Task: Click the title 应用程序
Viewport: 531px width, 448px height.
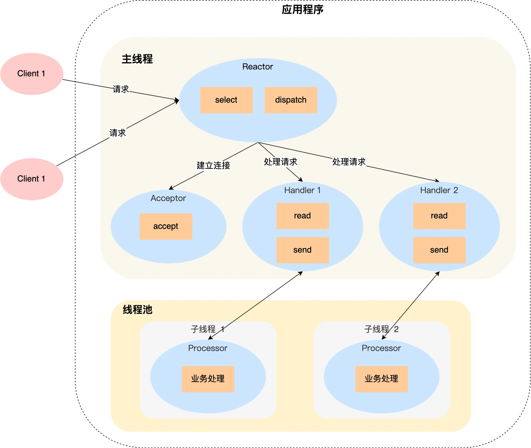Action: pyautogui.click(x=302, y=9)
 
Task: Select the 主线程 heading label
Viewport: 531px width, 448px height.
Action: pyautogui.click(x=137, y=59)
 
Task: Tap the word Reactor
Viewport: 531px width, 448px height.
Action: pyautogui.click(x=257, y=67)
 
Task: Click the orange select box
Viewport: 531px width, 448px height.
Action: pyautogui.click(x=226, y=100)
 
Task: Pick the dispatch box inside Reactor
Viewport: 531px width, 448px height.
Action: pyautogui.click(x=291, y=100)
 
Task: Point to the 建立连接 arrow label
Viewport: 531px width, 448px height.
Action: pyautogui.click(x=213, y=165)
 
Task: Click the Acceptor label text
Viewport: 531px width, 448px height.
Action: pyautogui.click(x=168, y=198)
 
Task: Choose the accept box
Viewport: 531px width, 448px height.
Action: pyautogui.click(x=166, y=226)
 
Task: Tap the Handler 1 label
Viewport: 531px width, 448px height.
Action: pyautogui.click(x=302, y=190)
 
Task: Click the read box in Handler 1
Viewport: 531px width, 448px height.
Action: pyautogui.click(x=303, y=216)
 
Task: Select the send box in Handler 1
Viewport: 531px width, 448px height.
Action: pyautogui.click(x=303, y=250)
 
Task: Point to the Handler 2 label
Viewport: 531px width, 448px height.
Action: pyautogui.click(x=439, y=190)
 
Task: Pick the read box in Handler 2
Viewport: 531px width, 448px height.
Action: pyautogui.click(x=439, y=216)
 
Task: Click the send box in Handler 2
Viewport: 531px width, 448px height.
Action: pyautogui.click(x=439, y=250)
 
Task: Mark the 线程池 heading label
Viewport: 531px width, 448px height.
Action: pyautogui.click(x=137, y=309)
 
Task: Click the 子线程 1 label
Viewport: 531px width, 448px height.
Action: pyautogui.click(x=207, y=329)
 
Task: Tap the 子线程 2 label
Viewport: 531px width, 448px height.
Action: pyautogui.click(x=381, y=329)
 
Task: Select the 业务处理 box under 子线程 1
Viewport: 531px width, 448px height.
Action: pyautogui.click(x=208, y=379)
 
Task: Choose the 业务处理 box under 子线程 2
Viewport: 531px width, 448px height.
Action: pyautogui.click(x=382, y=379)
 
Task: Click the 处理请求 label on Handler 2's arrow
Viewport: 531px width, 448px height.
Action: pyautogui.click(x=349, y=162)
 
